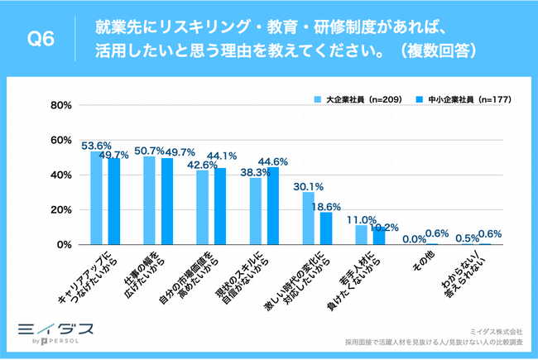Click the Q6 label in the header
[41, 38]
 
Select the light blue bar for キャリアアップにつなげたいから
[97, 198]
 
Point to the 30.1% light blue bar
[309, 218]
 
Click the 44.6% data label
[274, 161]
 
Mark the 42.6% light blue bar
[203, 208]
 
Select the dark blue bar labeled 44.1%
[220, 206]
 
